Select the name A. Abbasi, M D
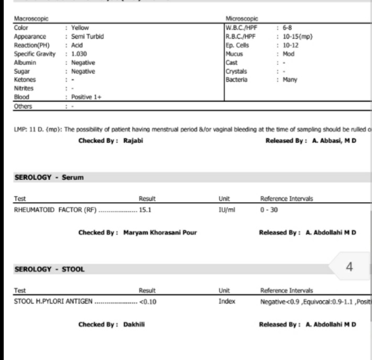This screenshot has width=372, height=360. tap(331, 140)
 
